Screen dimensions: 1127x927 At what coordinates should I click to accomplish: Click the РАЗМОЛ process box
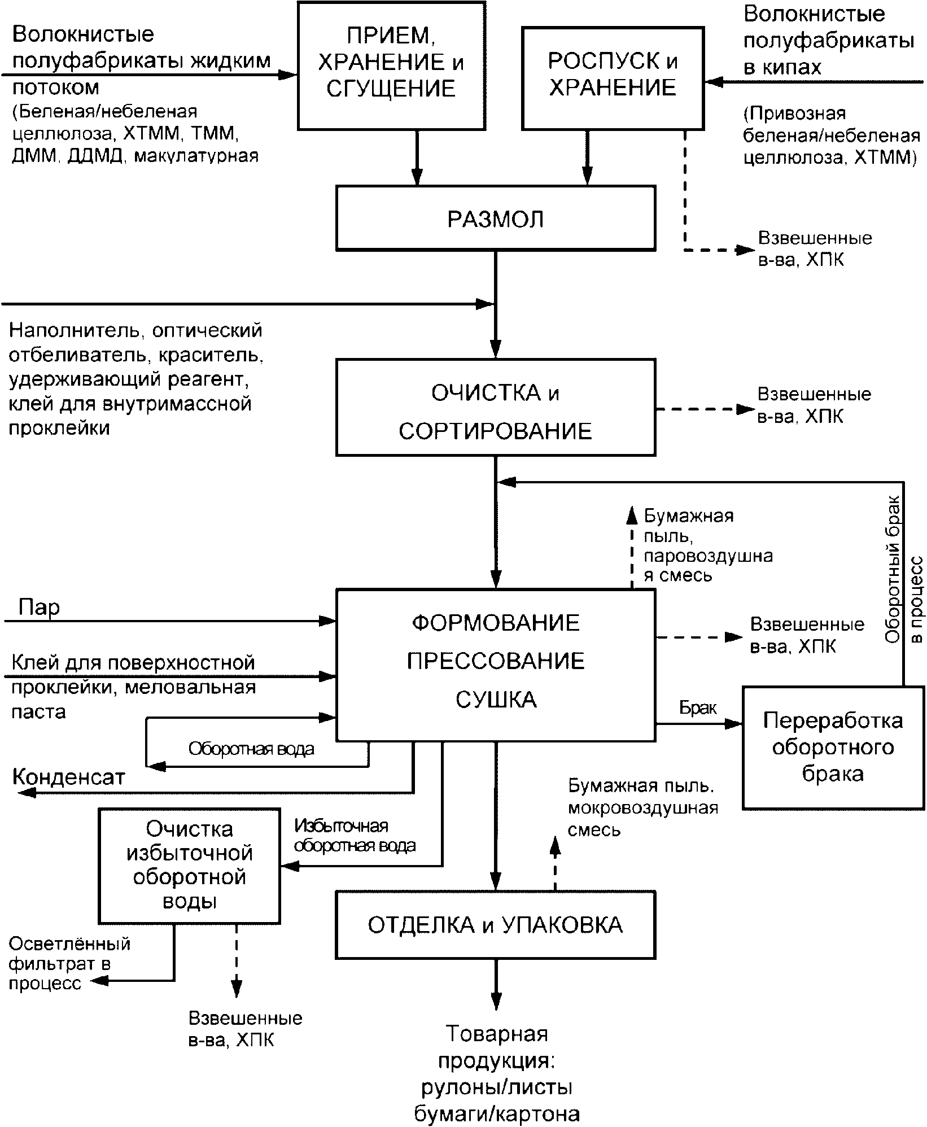click(x=496, y=219)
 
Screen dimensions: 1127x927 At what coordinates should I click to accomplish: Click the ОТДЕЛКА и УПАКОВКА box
click(x=496, y=924)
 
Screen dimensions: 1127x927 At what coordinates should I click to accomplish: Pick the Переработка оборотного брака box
click(x=833, y=747)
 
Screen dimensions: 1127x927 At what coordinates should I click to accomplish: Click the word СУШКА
click(x=496, y=700)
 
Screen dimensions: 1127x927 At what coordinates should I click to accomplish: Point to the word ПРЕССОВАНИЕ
click(x=496, y=661)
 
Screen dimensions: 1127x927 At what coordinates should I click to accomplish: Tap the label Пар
click(x=39, y=608)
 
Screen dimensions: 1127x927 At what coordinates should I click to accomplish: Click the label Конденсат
click(x=68, y=777)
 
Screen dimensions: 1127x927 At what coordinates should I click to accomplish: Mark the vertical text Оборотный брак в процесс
click(x=903, y=584)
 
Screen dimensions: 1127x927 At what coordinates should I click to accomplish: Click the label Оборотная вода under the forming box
click(x=251, y=749)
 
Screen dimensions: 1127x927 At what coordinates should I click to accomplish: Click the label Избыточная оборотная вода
click(x=355, y=836)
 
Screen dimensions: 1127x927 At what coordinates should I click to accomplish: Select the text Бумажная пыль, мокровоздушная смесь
click(x=642, y=807)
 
